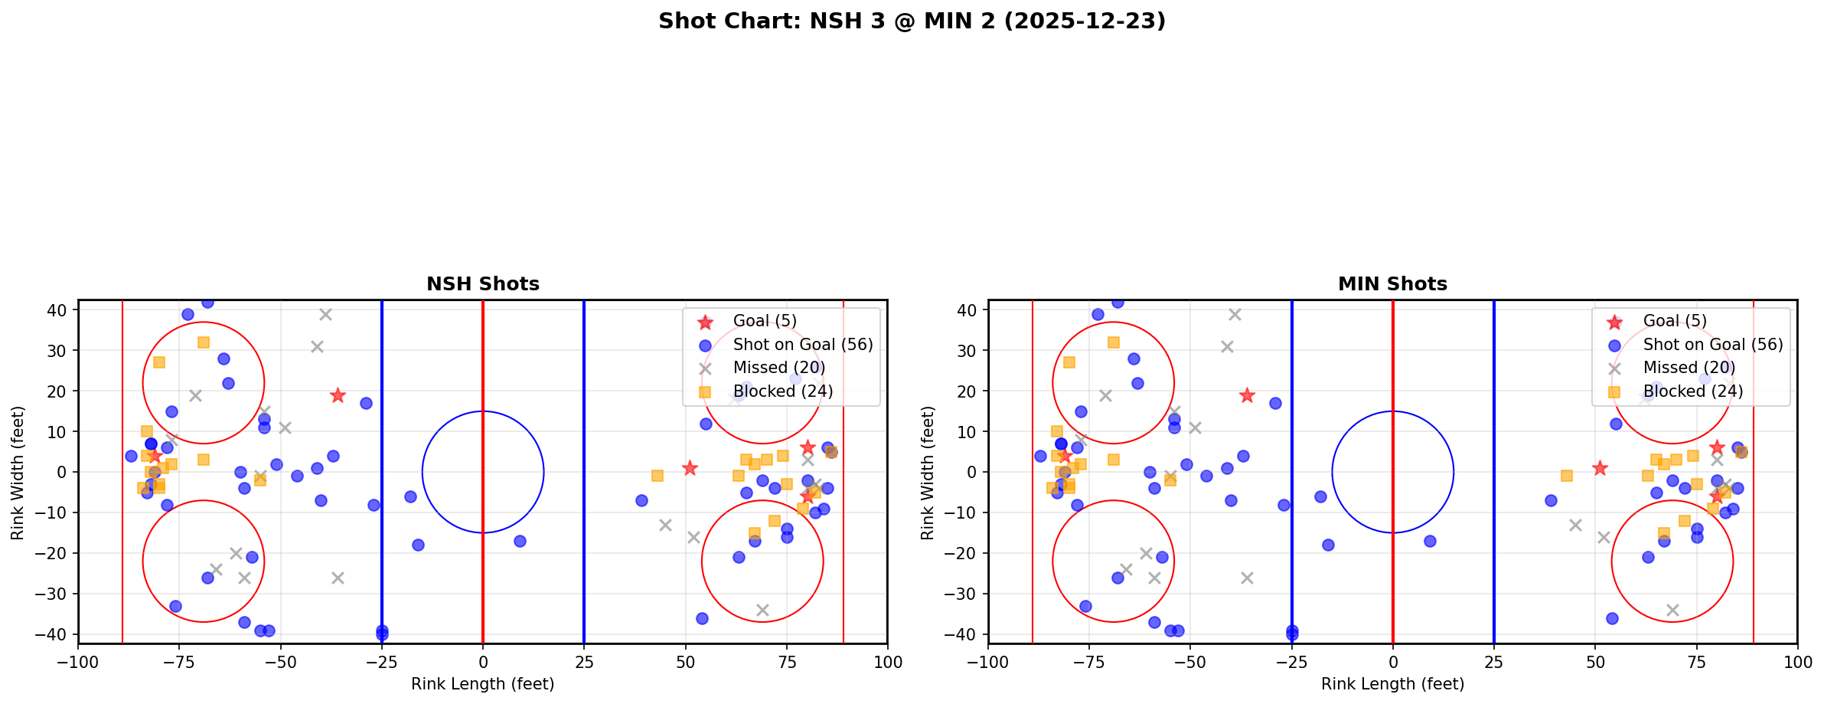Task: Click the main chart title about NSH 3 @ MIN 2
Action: tap(912, 21)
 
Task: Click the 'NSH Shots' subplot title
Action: tap(483, 284)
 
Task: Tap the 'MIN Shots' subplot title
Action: tap(1392, 284)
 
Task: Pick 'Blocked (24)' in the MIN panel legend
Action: tap(1693, 391)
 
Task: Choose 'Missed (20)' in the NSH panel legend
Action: tap(778, 368)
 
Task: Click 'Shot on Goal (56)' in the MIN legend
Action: tap(1713, 345)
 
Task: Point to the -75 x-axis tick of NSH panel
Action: tap(180, 662)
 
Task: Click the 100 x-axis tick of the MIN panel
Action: tap(1797, 662)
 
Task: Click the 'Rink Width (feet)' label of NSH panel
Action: tap(18, 473)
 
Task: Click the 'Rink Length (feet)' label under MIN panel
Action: tap(1392, 684)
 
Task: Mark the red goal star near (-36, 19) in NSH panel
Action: tap(338, 395)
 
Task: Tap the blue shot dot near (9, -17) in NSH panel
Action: tap(520, 541)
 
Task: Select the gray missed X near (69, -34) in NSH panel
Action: tap(762, 610)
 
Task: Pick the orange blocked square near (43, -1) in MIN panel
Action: tap(1567, 476)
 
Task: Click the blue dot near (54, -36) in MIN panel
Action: tap(1611, 618)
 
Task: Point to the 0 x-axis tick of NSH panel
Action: tap(483, 662)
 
